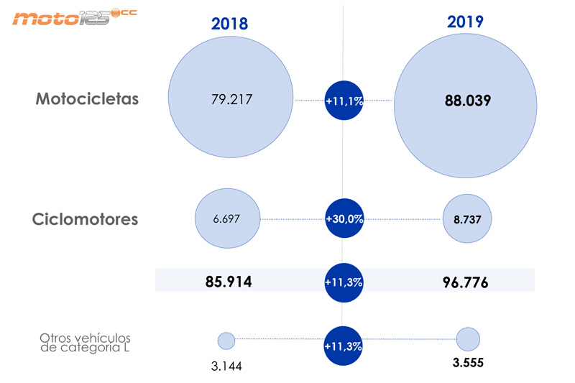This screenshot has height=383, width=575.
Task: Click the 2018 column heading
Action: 229,24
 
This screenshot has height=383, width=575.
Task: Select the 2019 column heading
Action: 465,22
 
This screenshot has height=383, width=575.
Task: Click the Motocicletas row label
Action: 87,99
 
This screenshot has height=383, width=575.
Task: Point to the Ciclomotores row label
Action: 85,219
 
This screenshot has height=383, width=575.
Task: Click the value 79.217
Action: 230,99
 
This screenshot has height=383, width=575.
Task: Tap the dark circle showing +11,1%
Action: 344,101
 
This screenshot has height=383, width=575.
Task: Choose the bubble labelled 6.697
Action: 226,218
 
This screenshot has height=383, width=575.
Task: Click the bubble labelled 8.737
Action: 467,219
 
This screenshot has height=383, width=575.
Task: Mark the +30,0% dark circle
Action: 344,218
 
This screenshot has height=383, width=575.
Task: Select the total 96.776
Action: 465,282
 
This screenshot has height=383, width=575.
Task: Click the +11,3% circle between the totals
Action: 344,282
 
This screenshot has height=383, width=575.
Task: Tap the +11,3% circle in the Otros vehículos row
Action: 344,346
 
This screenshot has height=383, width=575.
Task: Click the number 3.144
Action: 227,366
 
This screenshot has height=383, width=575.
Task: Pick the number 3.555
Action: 467,363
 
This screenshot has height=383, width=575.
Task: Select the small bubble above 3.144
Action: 226,341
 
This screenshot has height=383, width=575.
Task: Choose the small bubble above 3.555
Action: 468,338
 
